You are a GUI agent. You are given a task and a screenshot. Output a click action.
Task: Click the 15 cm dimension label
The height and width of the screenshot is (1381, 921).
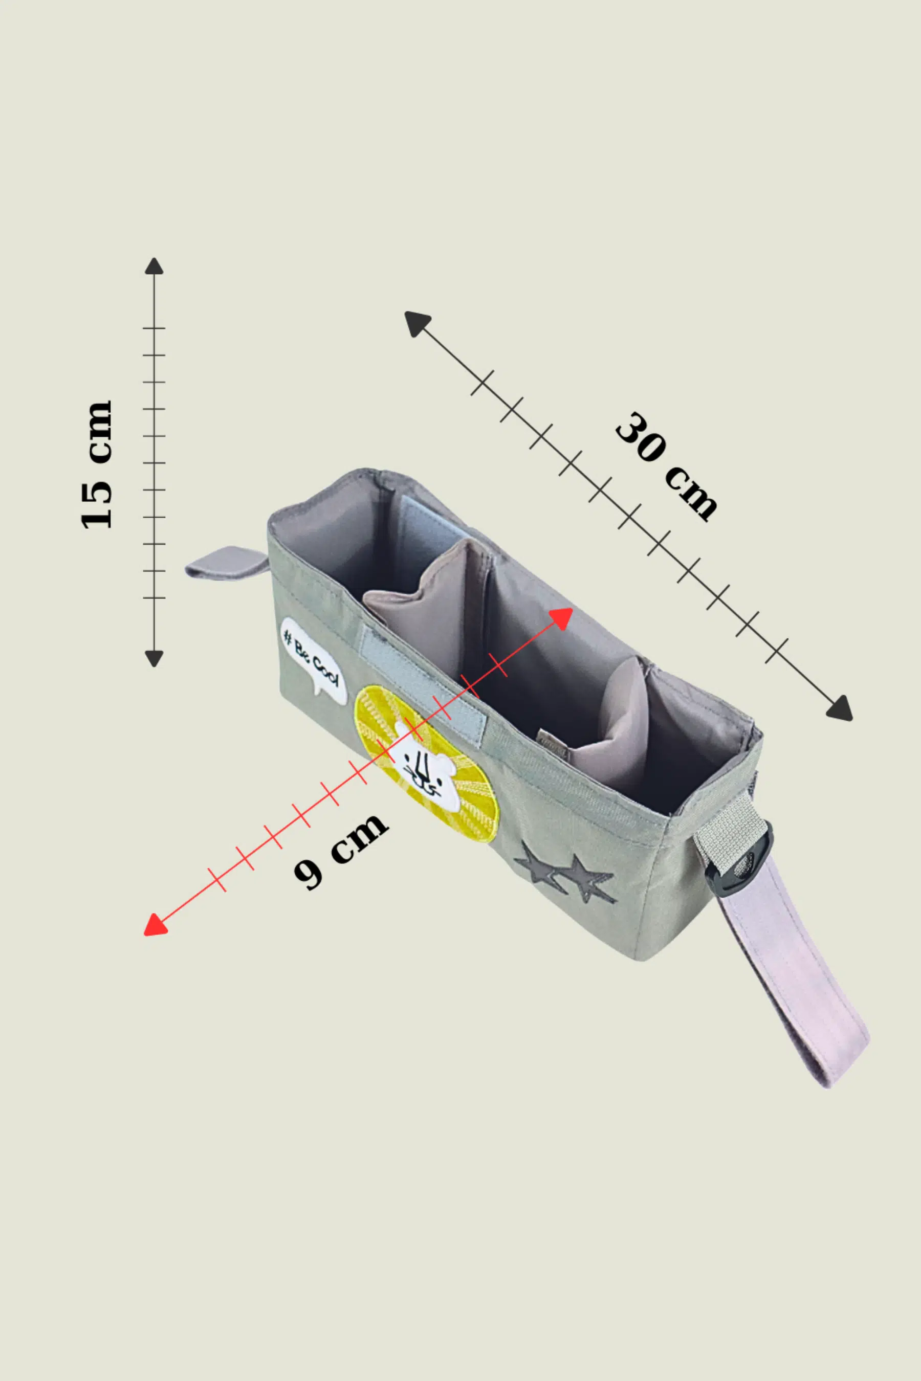pos(96,464)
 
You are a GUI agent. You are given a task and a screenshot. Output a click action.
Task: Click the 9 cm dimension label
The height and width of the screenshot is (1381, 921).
pos(341,852)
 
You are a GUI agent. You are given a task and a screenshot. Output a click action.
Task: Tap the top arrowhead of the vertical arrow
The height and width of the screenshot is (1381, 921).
pos(154,266)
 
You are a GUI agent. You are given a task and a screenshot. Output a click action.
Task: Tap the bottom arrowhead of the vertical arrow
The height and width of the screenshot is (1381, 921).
pos(154,658)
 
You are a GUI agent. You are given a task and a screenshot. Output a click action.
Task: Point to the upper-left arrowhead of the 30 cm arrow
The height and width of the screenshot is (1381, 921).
pos(416,323)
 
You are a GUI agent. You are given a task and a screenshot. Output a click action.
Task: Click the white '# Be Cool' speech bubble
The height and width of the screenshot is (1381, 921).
pos(314,659)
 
